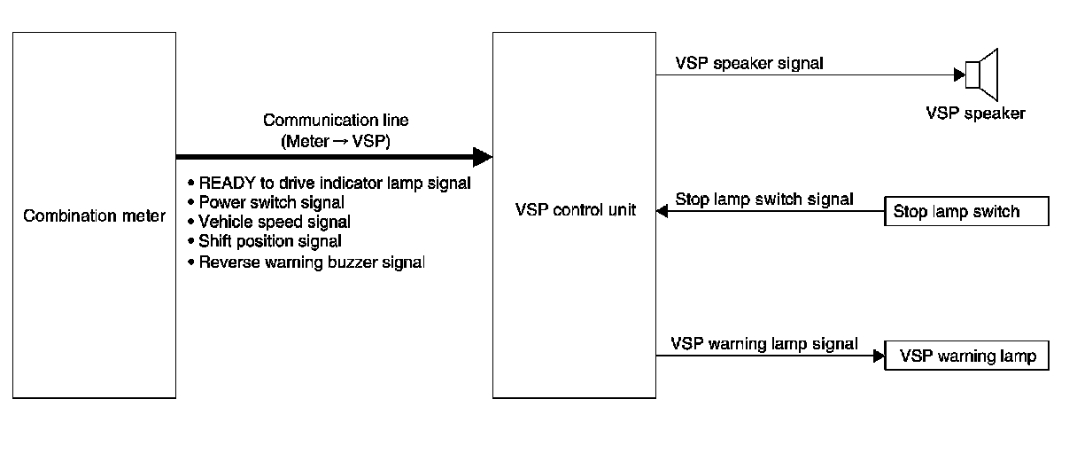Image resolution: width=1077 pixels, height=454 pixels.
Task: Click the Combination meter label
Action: click(95, 215)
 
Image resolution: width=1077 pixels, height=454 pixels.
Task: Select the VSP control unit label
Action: click(575, 211)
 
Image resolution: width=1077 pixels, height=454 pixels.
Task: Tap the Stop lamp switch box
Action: click(966, 212)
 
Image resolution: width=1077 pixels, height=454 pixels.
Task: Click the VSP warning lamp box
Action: click(966, 356)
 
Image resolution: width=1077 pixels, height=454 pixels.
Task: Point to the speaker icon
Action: click(982, 75)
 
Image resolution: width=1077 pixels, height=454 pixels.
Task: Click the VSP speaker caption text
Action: click(974, 113)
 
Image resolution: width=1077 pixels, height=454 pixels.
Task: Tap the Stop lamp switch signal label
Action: click(764, 200)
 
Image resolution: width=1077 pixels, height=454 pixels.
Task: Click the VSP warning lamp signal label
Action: click(764, 343)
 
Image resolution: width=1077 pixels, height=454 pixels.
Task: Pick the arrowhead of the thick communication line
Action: click(484, 157)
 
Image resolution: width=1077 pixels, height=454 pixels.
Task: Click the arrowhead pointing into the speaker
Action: click(959, 75)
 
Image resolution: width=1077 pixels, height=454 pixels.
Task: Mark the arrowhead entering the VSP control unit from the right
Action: click(661, 212)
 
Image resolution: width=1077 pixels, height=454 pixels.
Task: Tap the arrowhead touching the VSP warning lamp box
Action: click(879, 356)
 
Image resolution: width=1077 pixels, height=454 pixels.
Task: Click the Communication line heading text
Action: click(336, 121)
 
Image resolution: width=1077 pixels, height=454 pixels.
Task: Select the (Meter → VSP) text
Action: click(336, 141)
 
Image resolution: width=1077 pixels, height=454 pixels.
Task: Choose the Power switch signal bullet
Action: click(270, 203)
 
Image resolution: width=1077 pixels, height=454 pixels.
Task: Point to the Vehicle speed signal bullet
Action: click(274, 222)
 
